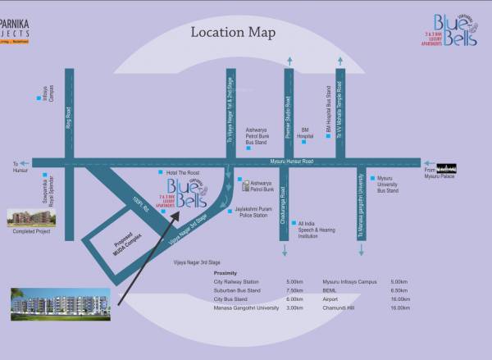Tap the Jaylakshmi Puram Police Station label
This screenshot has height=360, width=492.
(x=253, y=212)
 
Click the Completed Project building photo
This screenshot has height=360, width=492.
(x=28, y=217)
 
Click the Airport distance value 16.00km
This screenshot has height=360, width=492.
(x=400, y=299)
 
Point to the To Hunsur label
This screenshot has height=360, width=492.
(x=20, y=169)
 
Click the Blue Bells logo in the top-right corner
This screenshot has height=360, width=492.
(x=440, y=30)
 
